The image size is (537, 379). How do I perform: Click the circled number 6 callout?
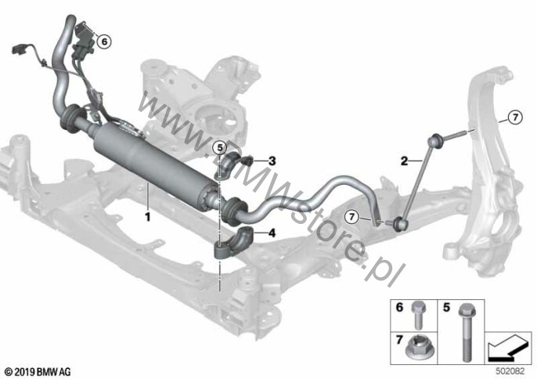tap(104, 42)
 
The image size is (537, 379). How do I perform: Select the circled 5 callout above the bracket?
tap(219, 148)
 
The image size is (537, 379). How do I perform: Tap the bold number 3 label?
tap(272, 161)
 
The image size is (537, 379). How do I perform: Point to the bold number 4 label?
tap(272, 233)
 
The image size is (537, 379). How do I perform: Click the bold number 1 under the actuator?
tap(148, 217)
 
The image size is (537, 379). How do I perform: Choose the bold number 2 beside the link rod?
tap(405, 161)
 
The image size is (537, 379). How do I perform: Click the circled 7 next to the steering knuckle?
tap(515, 117)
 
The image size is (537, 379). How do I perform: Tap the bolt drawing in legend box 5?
tap(465, 332)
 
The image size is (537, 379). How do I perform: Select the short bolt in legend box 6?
tap(418, 315)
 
